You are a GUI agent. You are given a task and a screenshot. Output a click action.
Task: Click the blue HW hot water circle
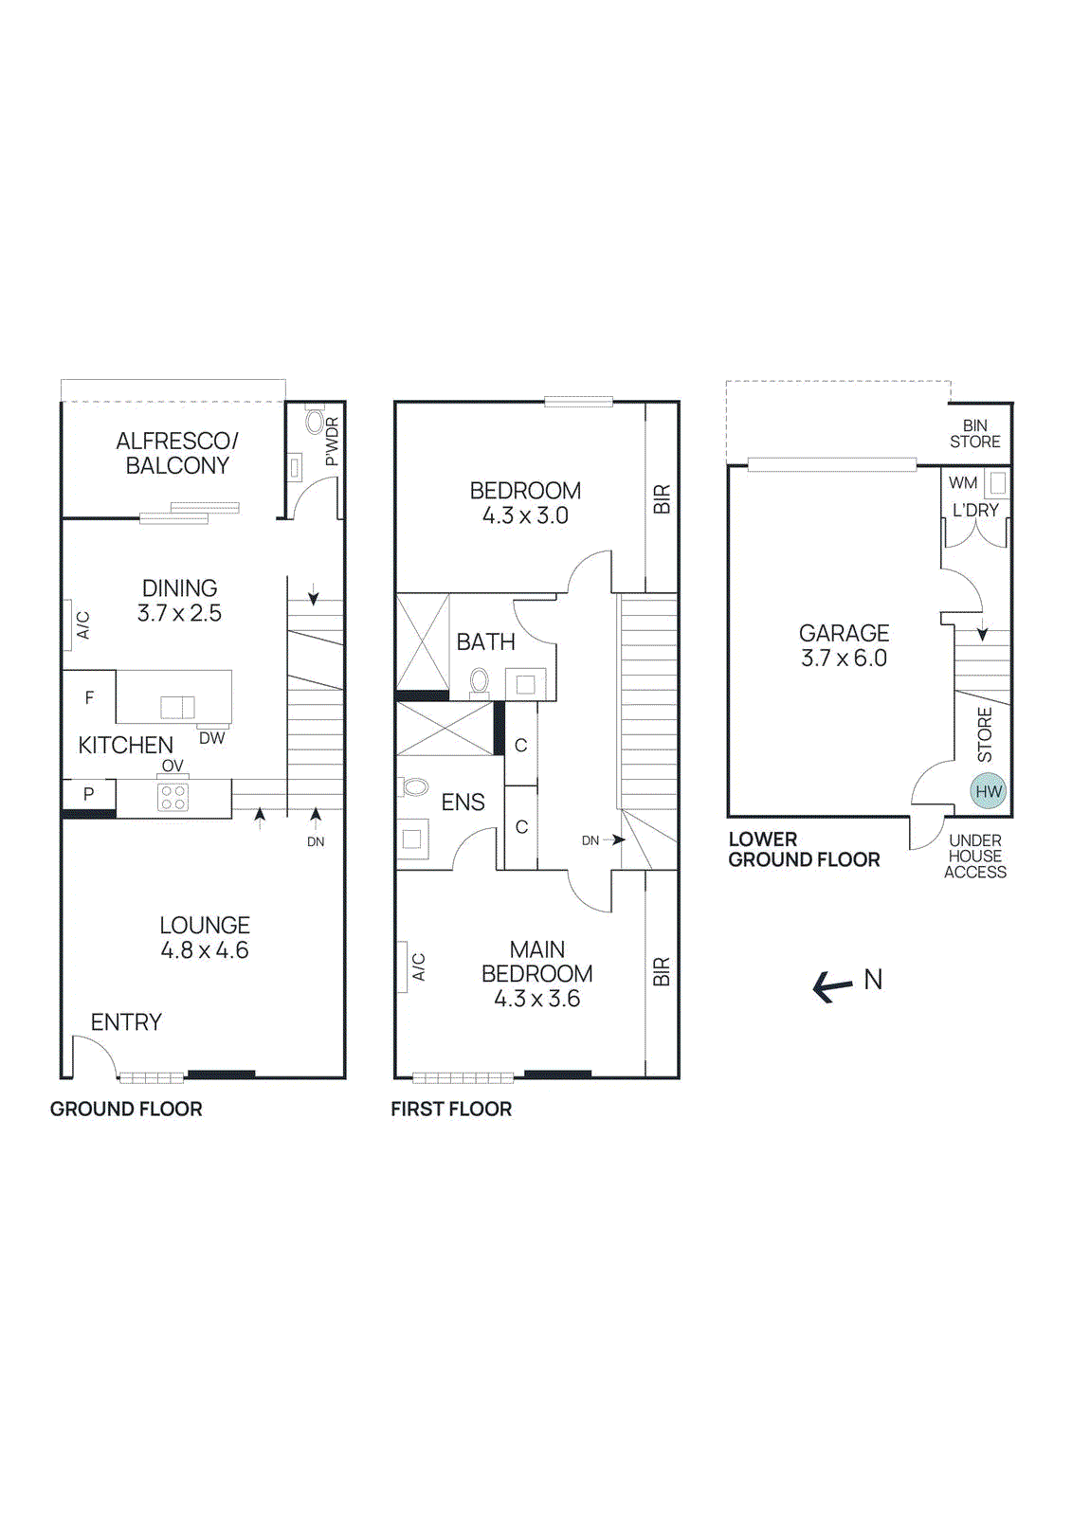(x=988, y=791)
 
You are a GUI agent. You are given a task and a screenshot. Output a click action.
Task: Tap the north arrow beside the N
(x=833, y=987)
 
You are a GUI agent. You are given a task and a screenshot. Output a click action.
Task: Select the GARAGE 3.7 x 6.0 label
(x=844, y=645)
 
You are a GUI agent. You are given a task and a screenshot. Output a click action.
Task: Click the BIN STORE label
(x=974, y=434)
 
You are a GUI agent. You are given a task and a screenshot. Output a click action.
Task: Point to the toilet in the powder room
(x=315, y=423)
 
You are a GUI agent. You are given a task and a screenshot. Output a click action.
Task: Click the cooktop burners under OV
(x=173, y=797)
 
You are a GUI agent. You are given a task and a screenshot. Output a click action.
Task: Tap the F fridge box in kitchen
(x=89, y=697)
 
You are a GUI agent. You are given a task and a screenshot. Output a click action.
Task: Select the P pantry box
(x=88, y=794)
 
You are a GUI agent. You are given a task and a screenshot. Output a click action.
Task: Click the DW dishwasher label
(x=211, y=738)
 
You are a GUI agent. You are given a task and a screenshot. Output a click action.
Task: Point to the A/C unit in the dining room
(x=68, y=624)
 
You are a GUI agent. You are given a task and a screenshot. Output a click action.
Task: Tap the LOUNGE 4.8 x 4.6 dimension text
(x=205, y=950)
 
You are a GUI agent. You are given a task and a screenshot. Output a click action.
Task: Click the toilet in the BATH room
(x=480, y=679)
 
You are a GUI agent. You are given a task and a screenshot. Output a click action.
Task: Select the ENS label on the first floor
(x=463, y=803)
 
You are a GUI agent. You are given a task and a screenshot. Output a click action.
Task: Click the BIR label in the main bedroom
(x=662, y=972)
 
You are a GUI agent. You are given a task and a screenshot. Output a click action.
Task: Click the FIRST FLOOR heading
(x=451, y=1109)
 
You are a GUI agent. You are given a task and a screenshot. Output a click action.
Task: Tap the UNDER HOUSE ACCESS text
(x=974, y=856)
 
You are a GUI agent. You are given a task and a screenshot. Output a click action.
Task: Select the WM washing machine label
(x=962, y=482)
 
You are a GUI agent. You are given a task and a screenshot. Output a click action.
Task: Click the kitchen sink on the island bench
(x=177, y=707)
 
